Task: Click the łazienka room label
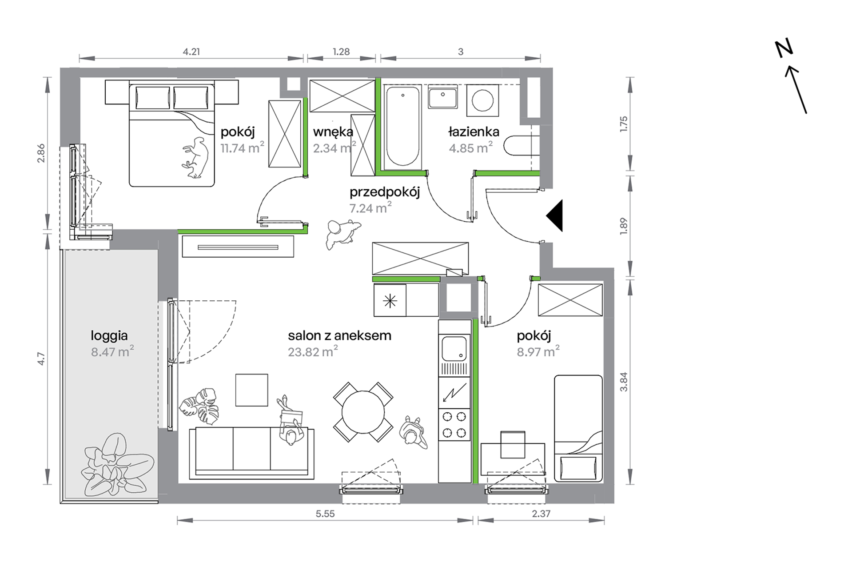[474, 132]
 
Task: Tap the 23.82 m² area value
[313, 351]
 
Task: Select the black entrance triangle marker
[555, 215]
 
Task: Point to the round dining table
[363, 412]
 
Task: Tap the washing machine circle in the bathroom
[483, 100]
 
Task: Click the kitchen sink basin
[454, 348]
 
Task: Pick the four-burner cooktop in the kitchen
[454, 424]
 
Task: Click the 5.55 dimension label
[325, 514]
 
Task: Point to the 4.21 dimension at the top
[191, 52]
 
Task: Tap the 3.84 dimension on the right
[624, 382]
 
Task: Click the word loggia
[109, 336]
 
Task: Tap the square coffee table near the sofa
[251, 390]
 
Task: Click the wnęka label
[333, 132]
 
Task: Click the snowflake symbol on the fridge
[390, 302]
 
